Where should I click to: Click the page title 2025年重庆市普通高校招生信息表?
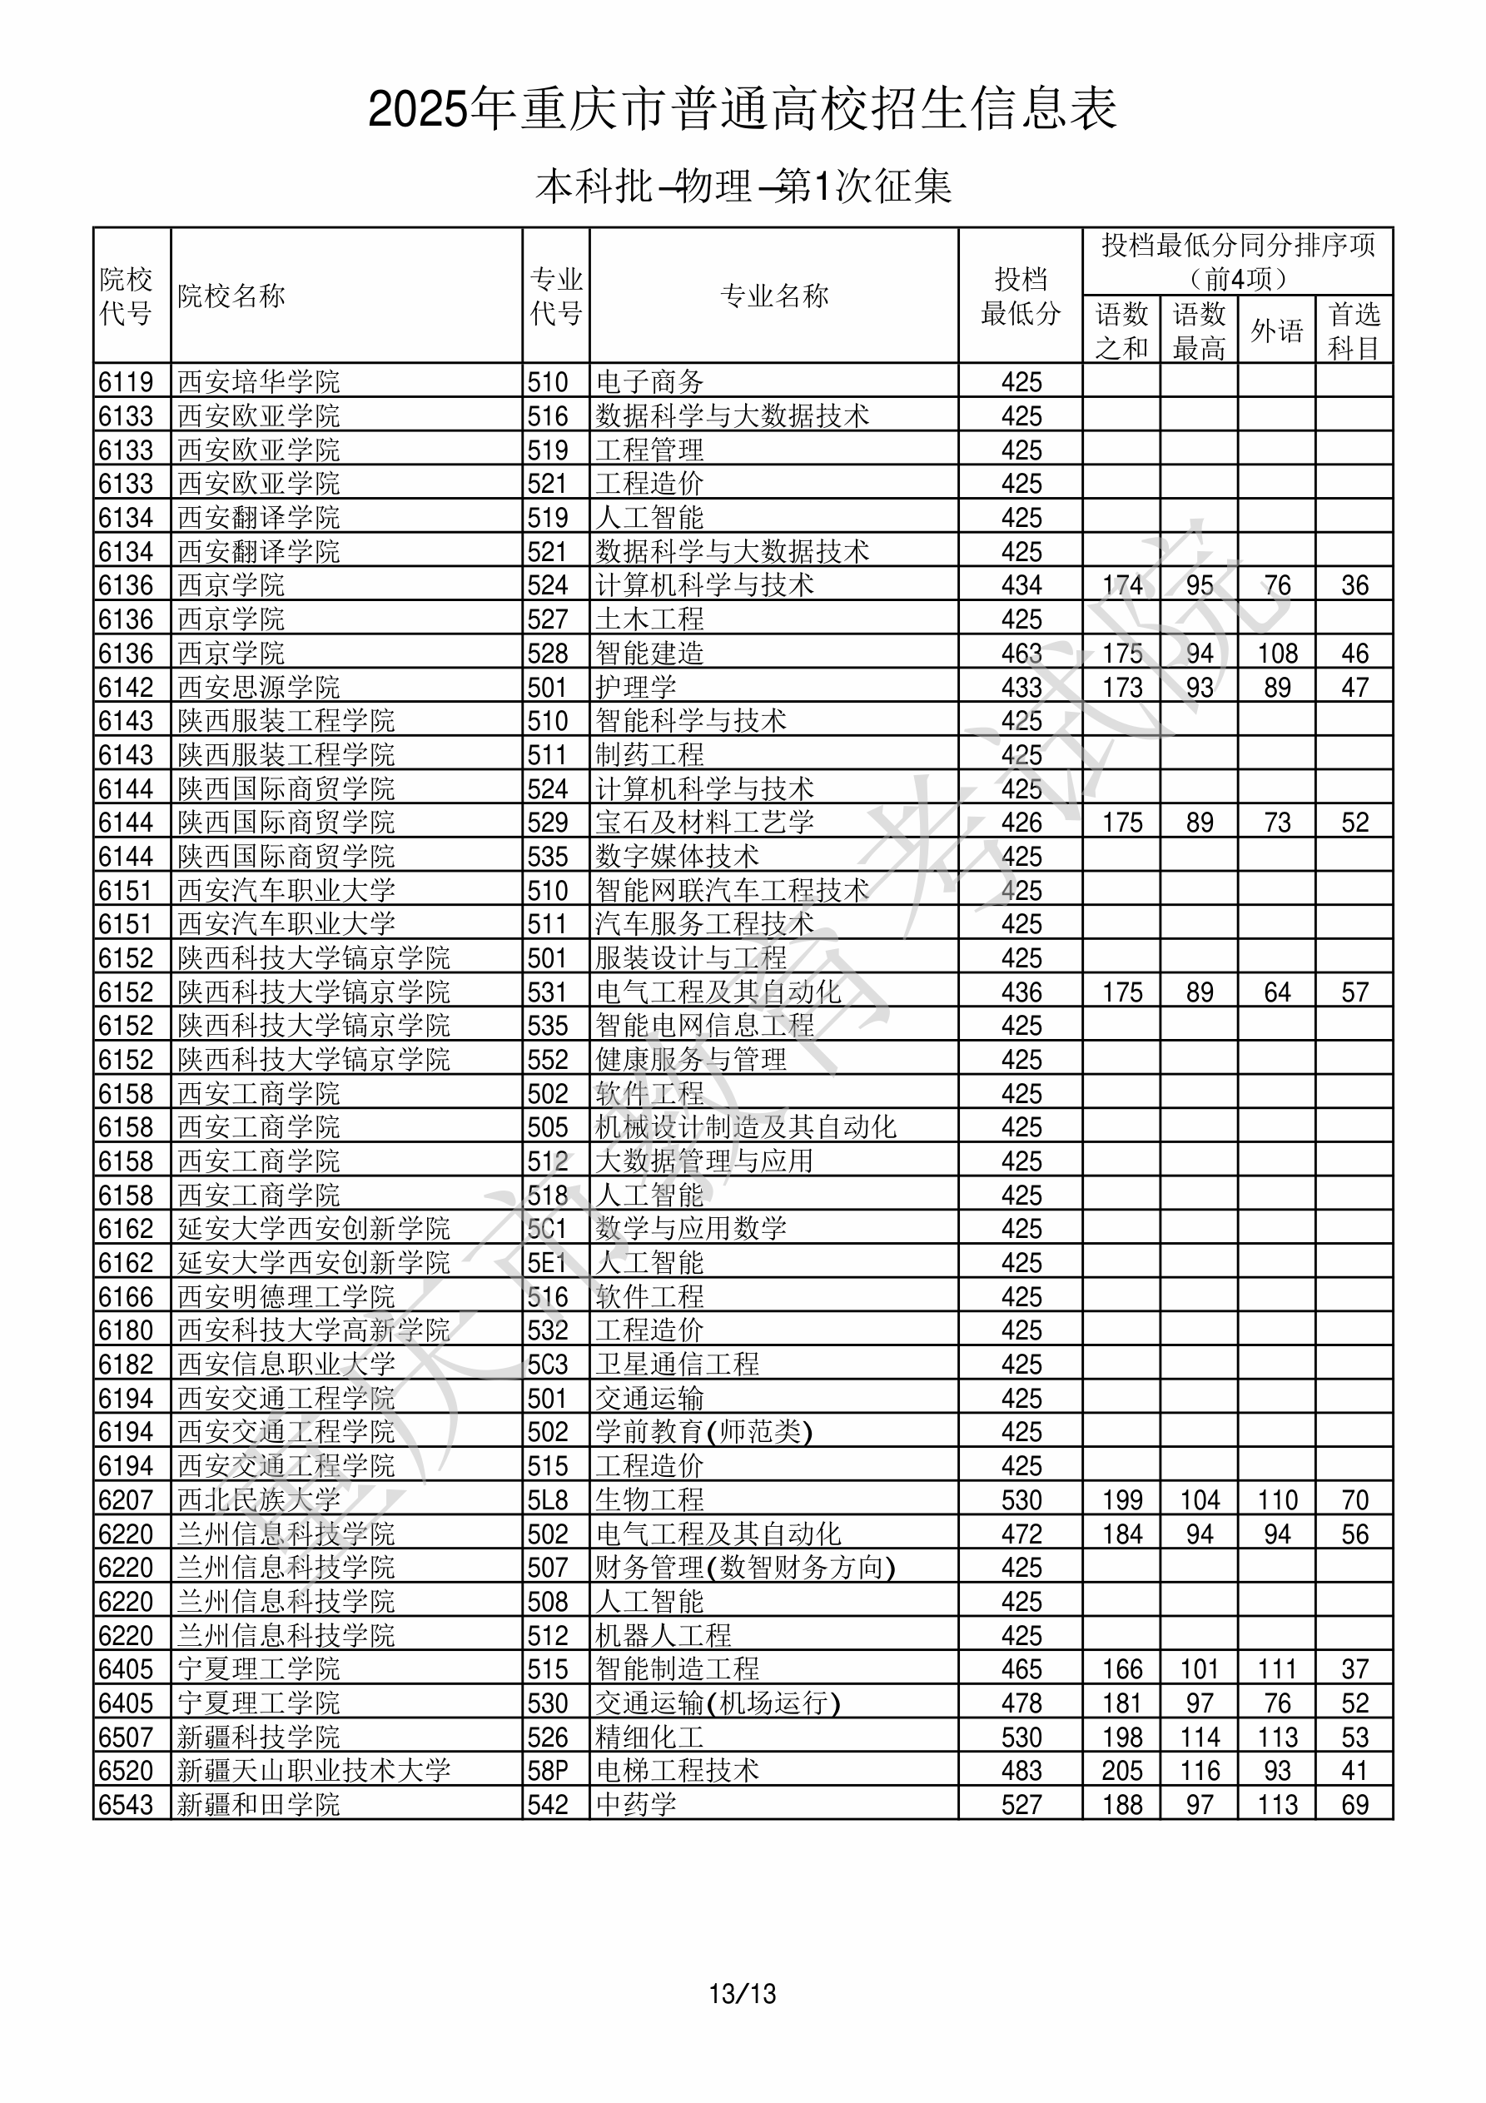point(742,109)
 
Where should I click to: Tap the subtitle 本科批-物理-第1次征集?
point(743,186)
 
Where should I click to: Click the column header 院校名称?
point(231,296)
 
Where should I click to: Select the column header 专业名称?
point(774,296)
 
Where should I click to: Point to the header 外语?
point(1276,331)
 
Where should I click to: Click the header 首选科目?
point(1354,331)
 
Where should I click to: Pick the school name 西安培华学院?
point(258,381)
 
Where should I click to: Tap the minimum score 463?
point(1021,653)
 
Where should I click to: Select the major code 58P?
point(548,1771)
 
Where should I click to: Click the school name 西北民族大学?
point(258,1499)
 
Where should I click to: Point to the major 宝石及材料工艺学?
point(704,823)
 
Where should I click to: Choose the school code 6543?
point(127,1804)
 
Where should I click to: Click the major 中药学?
point(636,1804)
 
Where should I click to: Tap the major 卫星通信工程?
point(677,1364)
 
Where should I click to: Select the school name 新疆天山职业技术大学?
point(313,1771)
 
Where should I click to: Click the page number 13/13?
point(742,1994)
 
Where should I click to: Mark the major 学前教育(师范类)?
point(703,1432)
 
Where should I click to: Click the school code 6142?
point(127,687)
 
